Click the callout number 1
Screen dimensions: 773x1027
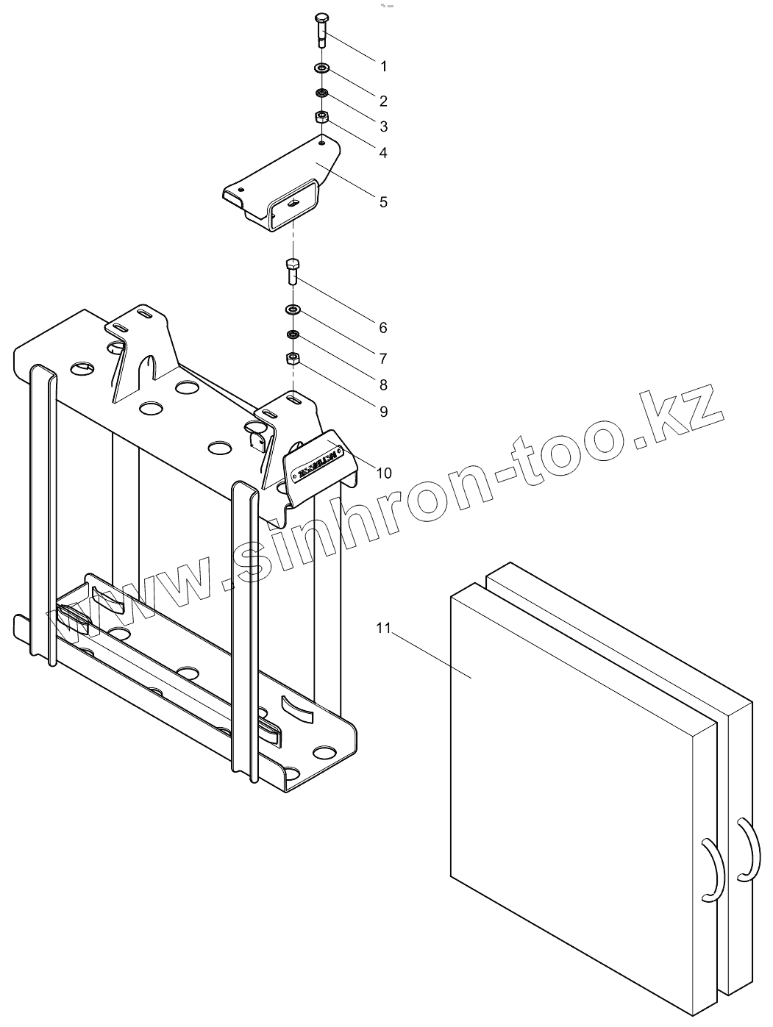click(383, 66)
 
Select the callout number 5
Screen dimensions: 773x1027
click(383, 201)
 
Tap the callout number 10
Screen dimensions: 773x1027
click(384, 473)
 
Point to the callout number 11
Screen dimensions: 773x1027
click(382, 628)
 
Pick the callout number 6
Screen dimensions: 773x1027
click(383, 328)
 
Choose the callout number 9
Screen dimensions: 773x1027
click(383, 412)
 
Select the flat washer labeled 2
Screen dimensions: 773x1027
click(322, 68)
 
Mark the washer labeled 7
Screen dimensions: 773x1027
click(293, 309)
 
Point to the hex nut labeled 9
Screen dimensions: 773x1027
click(292, 359)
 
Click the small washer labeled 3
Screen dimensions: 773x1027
click(321, 93)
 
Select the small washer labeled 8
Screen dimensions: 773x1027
click(292, 335)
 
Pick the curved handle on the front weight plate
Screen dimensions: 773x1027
click(711, 870)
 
